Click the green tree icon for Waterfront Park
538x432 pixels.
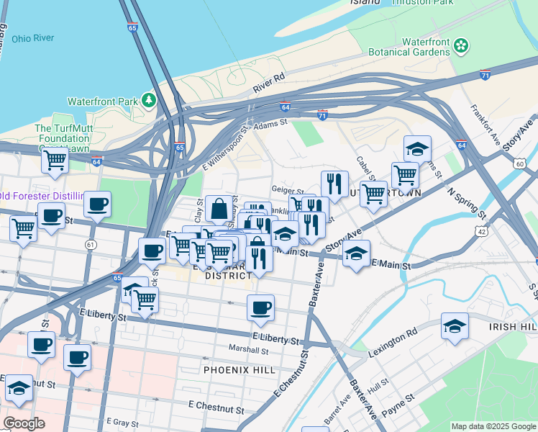pos(149,100)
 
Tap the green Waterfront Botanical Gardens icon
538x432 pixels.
pos(461,47)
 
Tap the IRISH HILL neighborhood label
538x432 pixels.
pos(512,326)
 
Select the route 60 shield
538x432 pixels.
pos(520,164)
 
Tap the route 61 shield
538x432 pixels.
pos(91,245)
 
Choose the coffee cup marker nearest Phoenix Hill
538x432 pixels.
pos(260,307)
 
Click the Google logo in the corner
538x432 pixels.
pos(24,423)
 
